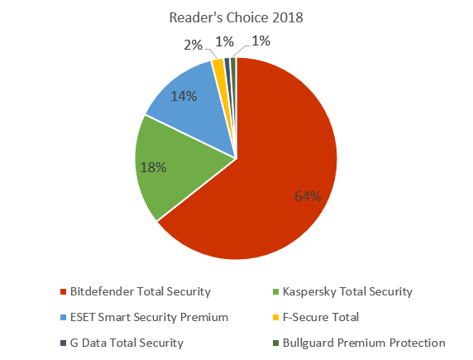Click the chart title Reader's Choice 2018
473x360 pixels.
[236, 17]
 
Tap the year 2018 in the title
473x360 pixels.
[283, 17]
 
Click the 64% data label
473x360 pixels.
[308, 196]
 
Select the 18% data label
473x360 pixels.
[154, 167]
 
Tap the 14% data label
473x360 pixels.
[184, 96]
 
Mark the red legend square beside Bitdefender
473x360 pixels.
[64, 291]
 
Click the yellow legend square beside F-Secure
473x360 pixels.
[278, 317]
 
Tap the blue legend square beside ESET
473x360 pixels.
[64, 317]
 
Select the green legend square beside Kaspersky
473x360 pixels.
[278, 291]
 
